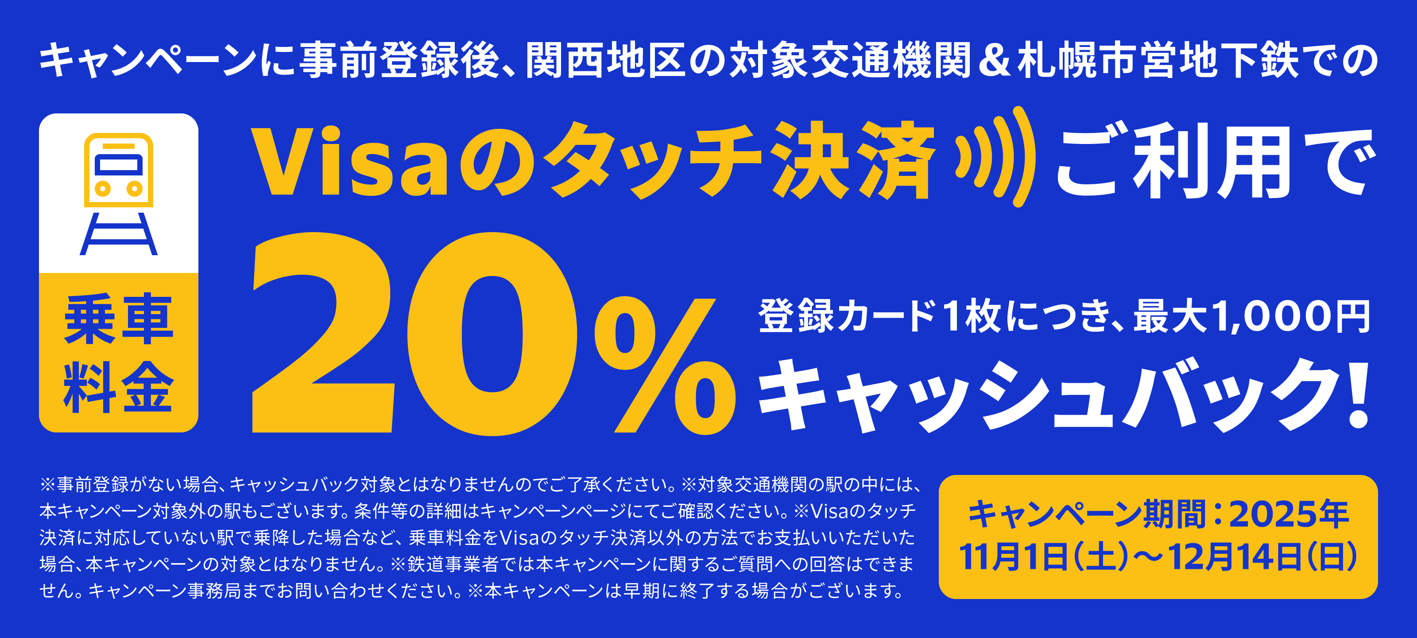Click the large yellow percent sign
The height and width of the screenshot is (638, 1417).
665,366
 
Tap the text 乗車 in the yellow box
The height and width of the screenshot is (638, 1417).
119,319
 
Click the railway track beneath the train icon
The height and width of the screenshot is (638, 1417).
119,234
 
